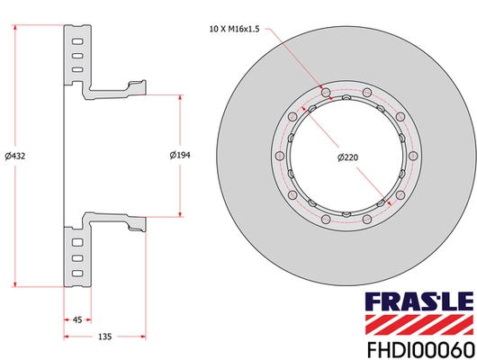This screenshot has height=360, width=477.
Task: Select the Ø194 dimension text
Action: coord(180,156)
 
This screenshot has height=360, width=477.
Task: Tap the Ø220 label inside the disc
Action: coord(348,157)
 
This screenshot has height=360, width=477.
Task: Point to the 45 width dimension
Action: coord(76,319)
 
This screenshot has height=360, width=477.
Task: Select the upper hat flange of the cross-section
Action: coord(112,91)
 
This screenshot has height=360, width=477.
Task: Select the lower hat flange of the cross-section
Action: coord(112,220)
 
